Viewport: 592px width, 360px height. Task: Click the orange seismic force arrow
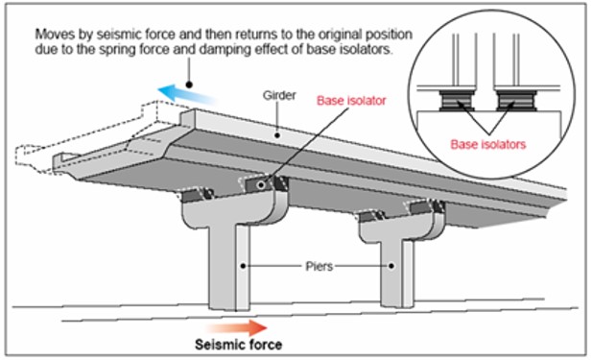(237, 327)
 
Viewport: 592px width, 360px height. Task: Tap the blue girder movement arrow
(187, 94)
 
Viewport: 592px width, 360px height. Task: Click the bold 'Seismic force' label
(238, 345)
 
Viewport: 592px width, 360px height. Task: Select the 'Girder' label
(279, 95)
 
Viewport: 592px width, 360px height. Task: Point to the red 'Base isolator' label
(351, 101)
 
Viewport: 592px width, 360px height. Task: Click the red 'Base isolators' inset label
(487, 144)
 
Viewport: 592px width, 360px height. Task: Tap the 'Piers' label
(320, 266)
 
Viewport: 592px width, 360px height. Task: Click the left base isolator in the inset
(457, 100)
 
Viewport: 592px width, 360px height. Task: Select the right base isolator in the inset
(515, 100)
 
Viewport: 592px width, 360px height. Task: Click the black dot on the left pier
(244, 266)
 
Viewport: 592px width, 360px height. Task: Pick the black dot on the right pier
(391, 266)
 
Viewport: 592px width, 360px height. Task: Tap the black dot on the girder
(277, 134)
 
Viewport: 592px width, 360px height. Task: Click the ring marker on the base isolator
(261, 185)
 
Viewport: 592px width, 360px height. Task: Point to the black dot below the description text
(189, 84)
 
